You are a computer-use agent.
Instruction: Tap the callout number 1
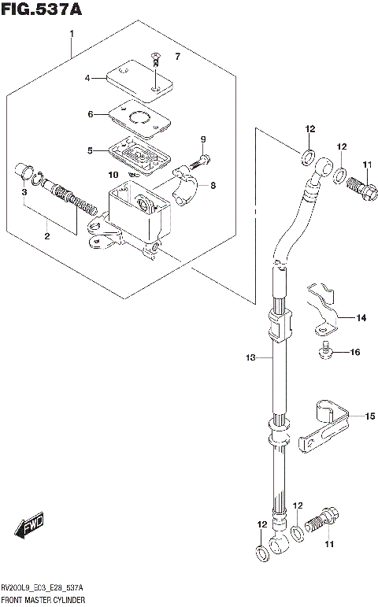coord(72,34)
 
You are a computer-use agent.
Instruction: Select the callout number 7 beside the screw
coord(177,57)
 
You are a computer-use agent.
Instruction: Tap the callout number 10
coord(113,174)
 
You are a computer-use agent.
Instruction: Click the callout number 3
coord(24,191)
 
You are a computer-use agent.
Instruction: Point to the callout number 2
coord(46,236)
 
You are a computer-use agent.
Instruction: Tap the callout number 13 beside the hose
coord(250,358)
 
